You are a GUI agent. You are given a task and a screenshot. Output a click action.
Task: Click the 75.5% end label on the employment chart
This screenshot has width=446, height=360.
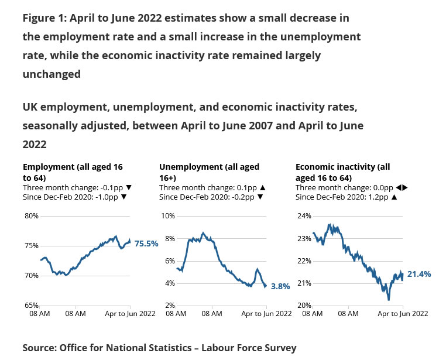[x=146, y=244]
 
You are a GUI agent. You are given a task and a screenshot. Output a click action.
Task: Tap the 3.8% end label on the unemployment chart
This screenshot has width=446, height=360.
[x=281, y=287]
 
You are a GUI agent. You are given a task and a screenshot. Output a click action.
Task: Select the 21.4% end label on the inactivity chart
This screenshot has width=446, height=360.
[x=419, y=274]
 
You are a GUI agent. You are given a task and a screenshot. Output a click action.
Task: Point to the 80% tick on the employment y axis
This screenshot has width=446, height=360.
[x=31, y=216]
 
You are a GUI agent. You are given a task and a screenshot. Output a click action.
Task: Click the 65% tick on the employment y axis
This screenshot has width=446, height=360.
[x=31, y=306]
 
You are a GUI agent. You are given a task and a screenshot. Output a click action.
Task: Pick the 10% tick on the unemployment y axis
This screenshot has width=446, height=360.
[x=167, y=216]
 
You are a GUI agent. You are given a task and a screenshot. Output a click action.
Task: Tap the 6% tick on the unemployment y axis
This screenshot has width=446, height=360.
[x=169, y=261]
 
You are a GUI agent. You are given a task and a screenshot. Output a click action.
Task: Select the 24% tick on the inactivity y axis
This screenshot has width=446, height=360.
[x=304, y=216]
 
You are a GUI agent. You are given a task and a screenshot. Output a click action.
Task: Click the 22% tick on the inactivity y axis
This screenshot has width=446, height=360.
[x=304, y=261]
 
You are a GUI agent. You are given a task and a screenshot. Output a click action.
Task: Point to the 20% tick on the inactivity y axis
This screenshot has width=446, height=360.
[x=304, y=306]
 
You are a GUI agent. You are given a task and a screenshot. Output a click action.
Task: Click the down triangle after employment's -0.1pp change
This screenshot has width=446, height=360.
[x=129, y=187]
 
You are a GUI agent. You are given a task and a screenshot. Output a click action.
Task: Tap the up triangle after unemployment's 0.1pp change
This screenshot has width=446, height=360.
[x=263, y=187]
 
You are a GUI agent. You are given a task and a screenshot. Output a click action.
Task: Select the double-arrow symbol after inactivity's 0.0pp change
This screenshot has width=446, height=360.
[x=401, y=187]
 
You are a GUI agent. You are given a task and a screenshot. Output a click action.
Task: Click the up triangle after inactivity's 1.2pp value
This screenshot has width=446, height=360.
[x=394, y=197]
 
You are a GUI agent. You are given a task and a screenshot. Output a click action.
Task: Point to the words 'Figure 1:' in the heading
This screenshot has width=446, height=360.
[x=45, y=18]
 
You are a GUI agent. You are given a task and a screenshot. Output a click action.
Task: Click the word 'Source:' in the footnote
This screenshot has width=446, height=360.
[x=39, y=348]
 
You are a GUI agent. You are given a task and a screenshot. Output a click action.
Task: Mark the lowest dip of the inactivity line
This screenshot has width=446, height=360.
[x=389, y=300]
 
